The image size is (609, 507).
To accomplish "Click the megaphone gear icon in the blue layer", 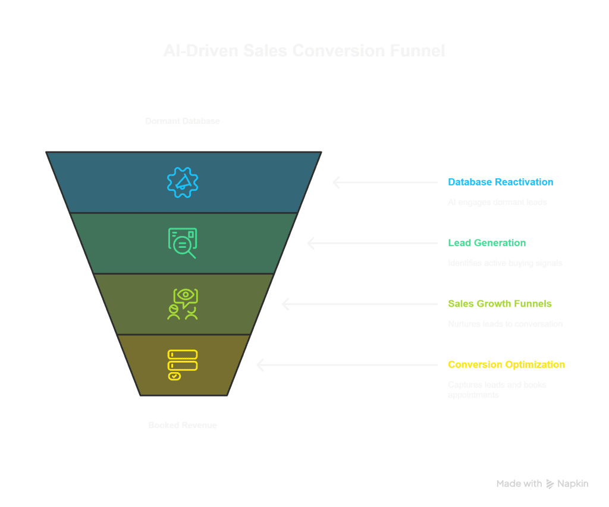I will pyautogui.click(x=182, y=182).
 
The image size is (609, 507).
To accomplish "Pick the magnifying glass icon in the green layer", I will pyautogui.click(x=182, y=243).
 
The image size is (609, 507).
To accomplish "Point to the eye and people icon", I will pyautogui.click(x=182, y=304).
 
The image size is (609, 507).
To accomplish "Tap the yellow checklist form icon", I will pyautogui.click(x=182, y=364).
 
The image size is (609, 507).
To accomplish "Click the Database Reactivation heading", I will pyautogui.click(x=500, y=182).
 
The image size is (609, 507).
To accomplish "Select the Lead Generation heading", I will pyautogui.click(x=486, y=243).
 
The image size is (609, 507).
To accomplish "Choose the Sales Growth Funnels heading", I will pyautogui.click(x=500, y=304).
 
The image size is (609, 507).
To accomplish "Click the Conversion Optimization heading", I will pyautogui.click(x=506, y=364).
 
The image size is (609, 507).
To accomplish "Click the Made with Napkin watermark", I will pyautogui.click(x=542, y=484).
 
